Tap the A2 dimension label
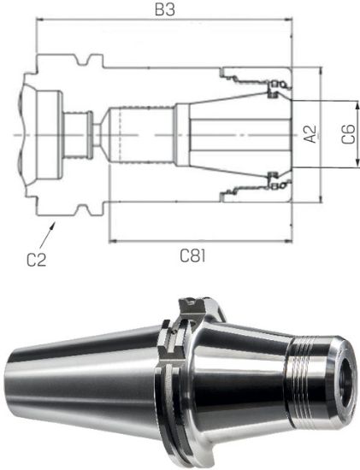point(310,134)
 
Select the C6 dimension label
point(347,134)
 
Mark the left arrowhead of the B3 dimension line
point(39,23)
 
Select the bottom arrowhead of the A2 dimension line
point(320,198)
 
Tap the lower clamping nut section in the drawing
point(257,190)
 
